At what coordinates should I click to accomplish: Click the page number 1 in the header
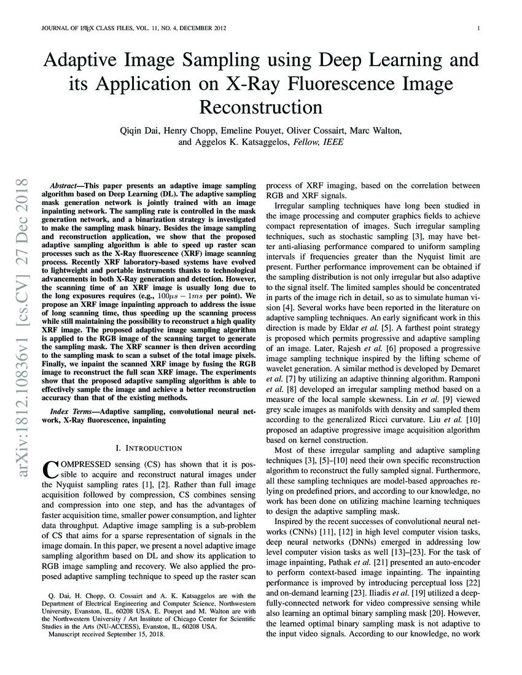coord(478,28)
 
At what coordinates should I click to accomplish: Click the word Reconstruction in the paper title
coord(261,107)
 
